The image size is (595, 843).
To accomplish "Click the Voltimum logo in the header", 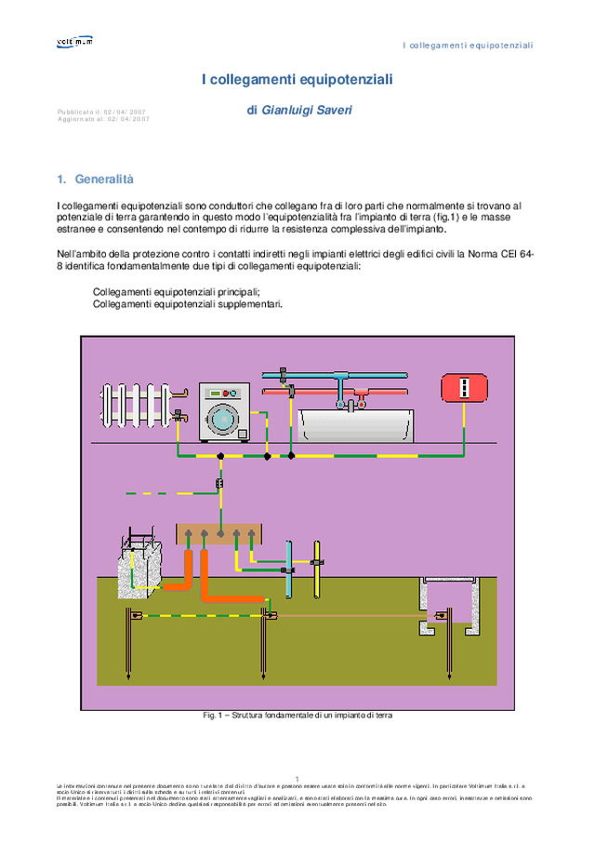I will (74, 41).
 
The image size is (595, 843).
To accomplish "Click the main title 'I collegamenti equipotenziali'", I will (297, 80).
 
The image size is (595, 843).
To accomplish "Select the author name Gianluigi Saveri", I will (299, 111).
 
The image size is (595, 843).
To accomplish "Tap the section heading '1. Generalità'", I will (96, 179).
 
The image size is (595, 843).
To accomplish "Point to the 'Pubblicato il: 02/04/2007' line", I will (100, 112).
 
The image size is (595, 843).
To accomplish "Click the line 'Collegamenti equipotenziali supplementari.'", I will (187, 303).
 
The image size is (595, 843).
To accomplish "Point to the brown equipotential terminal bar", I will (219, 534).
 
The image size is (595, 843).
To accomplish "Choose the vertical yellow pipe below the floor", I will (317, 568).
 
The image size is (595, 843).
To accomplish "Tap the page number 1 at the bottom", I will (297, 778).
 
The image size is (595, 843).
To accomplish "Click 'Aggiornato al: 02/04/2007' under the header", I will (103, 119).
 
